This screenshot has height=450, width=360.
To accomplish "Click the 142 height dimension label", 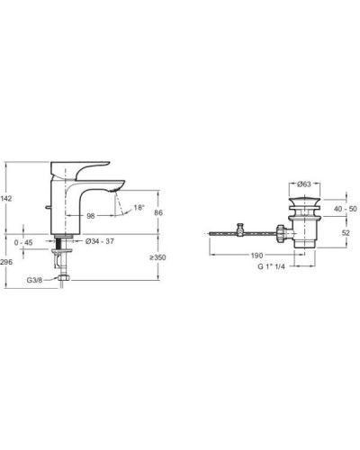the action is (x=6, y=198).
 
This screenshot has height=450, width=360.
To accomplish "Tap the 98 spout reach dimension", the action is (x=91, y=216).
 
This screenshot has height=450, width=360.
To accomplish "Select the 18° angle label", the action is (x=139, y=207).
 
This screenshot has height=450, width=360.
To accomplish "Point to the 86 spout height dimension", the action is (x=158, y=212).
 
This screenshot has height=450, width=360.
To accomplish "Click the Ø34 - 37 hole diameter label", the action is (x=100, y=241).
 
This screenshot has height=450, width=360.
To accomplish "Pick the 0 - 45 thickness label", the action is (x=23, y=242).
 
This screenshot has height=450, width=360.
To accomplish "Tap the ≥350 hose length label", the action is (x=157, y=257).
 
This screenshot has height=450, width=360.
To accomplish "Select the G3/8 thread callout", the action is (x=35, y=280).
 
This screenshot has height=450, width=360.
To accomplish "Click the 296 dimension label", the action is (x=6, y=262).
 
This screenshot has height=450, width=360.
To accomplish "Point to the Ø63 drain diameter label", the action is (x=304, y=184).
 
